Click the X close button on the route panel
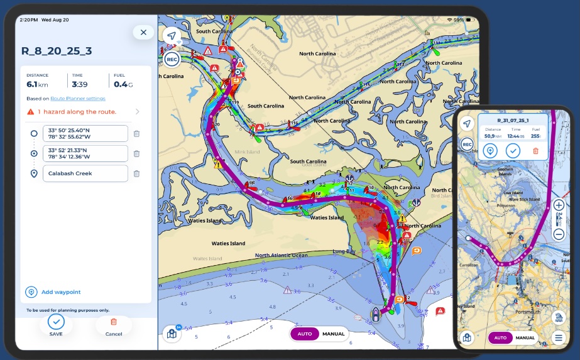[143, 32]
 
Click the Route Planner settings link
[78, 99]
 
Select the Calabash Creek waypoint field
[85, 173]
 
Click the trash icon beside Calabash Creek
[136, 173]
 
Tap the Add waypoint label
[61, 292]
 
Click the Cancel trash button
[114, 322]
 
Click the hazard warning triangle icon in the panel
[30, 112]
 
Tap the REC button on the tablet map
[172, 60]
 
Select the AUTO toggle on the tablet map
[304, 334]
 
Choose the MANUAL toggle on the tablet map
[333, 334]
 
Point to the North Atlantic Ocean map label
[282, 255]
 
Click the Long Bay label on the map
[343, 251]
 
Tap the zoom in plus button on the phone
[559, 205]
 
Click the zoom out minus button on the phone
[559, 234]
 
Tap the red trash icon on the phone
[535, 151]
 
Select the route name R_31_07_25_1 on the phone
[513, 119]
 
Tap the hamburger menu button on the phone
[558, 337]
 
